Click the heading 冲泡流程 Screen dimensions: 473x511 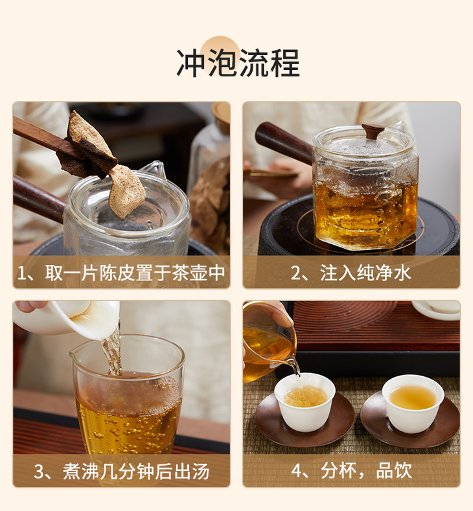(238, 63)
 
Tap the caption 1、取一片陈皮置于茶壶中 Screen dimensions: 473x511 (121, 273)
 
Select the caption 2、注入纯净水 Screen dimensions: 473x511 (351, 273)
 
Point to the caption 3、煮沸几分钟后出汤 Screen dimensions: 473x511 (121, 471)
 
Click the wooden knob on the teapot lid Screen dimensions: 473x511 (373, 131)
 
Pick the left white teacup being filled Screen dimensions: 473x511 (305, 402)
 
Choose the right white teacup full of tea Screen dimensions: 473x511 (413, 403)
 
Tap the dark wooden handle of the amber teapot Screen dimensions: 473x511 (284, 142)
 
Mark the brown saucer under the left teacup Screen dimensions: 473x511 (305, 420)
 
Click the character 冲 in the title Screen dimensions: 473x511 (191, 63)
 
